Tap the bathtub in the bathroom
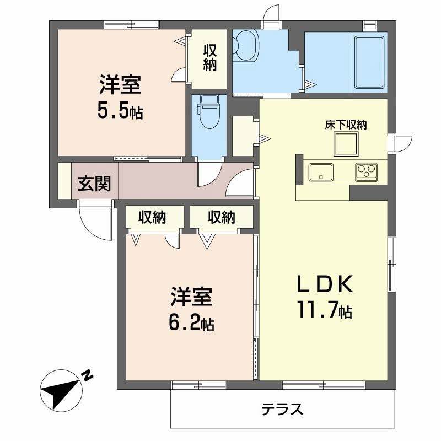tap(369, 62)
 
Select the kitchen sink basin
tap(321, 172)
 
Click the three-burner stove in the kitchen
tap(366, 172)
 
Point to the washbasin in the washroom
tap(245, 46)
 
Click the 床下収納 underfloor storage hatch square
tap(346, 144)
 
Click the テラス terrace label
tap(282, 409)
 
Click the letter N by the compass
tap(88, 375)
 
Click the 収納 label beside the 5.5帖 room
tap(210, 58)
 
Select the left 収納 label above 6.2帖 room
tap(152, 217)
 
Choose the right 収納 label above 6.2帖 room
tap(222, 217)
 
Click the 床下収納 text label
tap(346, 125)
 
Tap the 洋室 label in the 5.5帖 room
tap(120, 84)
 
